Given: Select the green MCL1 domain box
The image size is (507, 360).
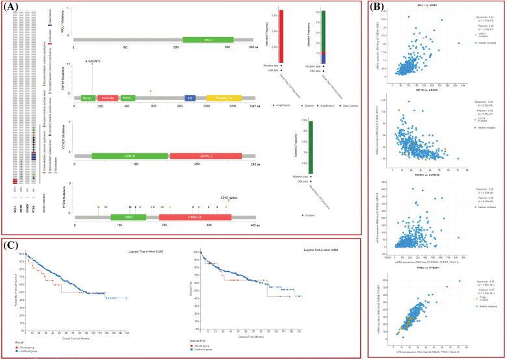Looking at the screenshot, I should [207, 40].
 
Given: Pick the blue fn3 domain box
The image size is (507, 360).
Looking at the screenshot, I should [190, 97].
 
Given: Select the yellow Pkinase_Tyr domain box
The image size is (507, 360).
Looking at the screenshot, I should [224, 97].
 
